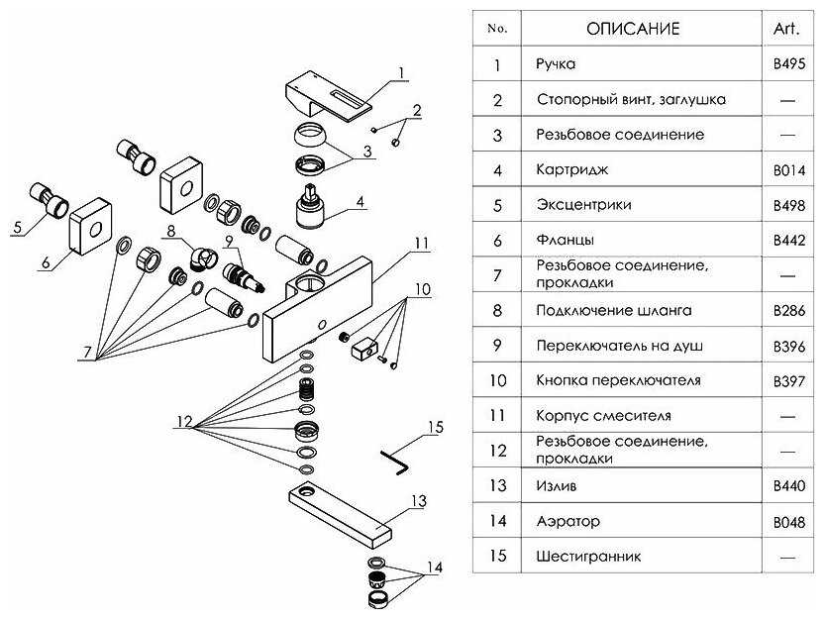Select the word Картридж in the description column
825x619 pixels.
pos(571,170)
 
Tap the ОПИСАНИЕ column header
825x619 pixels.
pos(633,29)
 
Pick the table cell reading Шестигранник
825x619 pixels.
pos(588,556)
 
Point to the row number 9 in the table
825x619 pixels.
pos(497,346)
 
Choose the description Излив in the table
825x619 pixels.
pos(555,485)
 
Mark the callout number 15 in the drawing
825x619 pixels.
pos(434,428)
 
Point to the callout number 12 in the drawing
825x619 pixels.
pos(183,422)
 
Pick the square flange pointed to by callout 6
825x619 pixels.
pos(91,227)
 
